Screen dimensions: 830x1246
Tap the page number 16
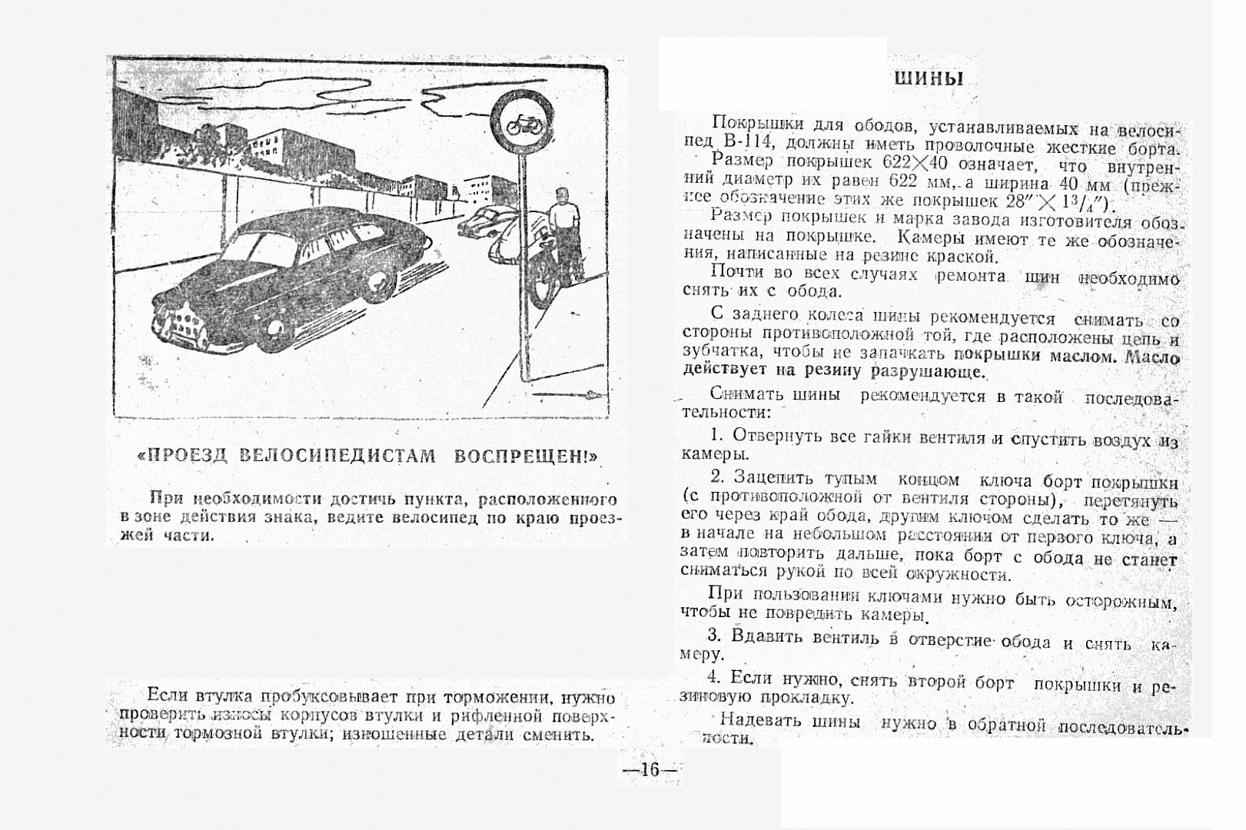point(650,769)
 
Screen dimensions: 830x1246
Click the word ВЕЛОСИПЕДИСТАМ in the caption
point(337,456)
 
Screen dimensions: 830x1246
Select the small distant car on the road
point(483,219)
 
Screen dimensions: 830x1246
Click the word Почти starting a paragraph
point(736,272)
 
